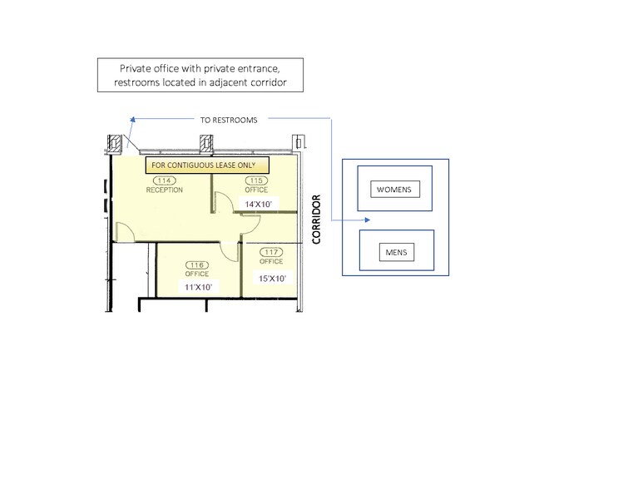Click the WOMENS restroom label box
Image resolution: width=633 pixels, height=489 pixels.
(x=394, y=190)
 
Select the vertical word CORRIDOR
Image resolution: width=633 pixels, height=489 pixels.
(x=316, y=219)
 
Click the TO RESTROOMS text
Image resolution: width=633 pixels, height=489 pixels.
(x=229, y=120)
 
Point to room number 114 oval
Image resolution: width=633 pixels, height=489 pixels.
(x=165, y=180)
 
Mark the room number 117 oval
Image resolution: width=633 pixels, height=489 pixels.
(x=271, y=252)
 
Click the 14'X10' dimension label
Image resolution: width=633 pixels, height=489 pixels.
(x=257, y=203)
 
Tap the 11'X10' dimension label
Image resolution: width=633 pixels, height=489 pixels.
(x=198, y=286)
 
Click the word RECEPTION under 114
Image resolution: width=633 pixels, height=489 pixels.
(x=165, y=190)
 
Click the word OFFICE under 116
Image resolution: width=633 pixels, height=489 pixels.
(x=197, y=274)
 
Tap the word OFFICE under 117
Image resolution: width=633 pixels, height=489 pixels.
(x=271, y=261)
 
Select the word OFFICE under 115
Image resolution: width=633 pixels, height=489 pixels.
(x=256, y=190)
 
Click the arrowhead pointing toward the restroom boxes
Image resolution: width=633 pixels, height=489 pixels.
(x=367, y=220)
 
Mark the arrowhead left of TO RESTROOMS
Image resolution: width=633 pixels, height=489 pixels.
(x=131, y=121)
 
